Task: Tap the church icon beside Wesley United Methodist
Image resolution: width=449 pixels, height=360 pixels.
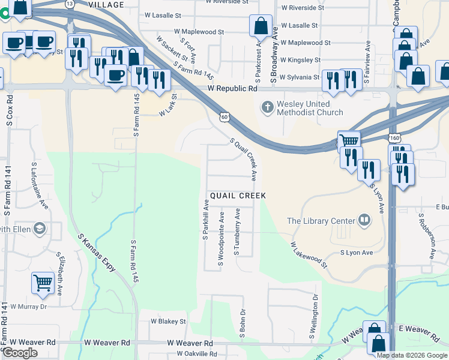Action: pos(267,107)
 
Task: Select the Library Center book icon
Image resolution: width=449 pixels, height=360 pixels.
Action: pos(364,220)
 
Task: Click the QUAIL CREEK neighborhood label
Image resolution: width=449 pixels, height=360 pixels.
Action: pos(237,196)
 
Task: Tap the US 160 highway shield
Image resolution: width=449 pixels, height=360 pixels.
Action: pos(394,138)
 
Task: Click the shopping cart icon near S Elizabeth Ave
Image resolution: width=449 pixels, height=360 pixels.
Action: pos(43,282)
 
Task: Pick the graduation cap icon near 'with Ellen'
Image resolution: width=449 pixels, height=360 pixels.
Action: pos(40,229)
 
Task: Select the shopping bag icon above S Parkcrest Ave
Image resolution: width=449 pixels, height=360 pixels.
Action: pos(261,26)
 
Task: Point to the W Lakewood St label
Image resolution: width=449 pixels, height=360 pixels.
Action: pos(310,255)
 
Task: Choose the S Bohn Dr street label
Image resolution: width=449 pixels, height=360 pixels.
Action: pos(243,324)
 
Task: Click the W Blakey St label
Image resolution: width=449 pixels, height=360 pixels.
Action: pos(168,322)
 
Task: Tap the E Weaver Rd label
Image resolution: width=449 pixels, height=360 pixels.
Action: pos(419,331)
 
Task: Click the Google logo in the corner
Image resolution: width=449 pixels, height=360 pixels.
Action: pos(20,353)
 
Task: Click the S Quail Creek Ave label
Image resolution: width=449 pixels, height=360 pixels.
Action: pos(244,159)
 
